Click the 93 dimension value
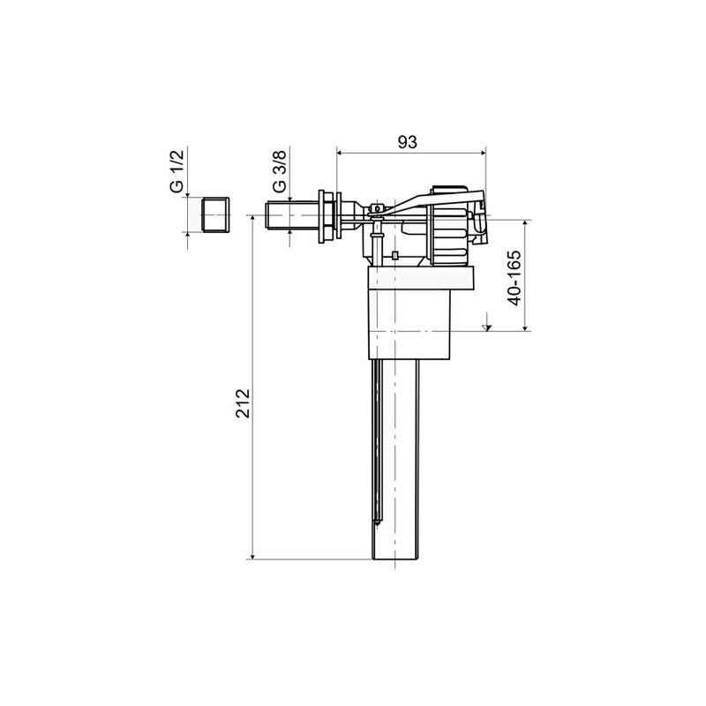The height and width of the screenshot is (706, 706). point(406,142)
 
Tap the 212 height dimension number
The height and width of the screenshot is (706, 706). point(244,403)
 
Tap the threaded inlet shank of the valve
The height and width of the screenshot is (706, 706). point(292,215)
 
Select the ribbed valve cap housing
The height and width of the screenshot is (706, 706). point(450,225)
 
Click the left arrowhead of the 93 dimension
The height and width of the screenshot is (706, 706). point(341,152)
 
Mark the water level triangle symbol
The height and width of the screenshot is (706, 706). point(486,327)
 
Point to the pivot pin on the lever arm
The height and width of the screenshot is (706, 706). point(375,209)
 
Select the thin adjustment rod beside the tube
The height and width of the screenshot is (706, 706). point(377,441)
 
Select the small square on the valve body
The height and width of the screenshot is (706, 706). point(394,257)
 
